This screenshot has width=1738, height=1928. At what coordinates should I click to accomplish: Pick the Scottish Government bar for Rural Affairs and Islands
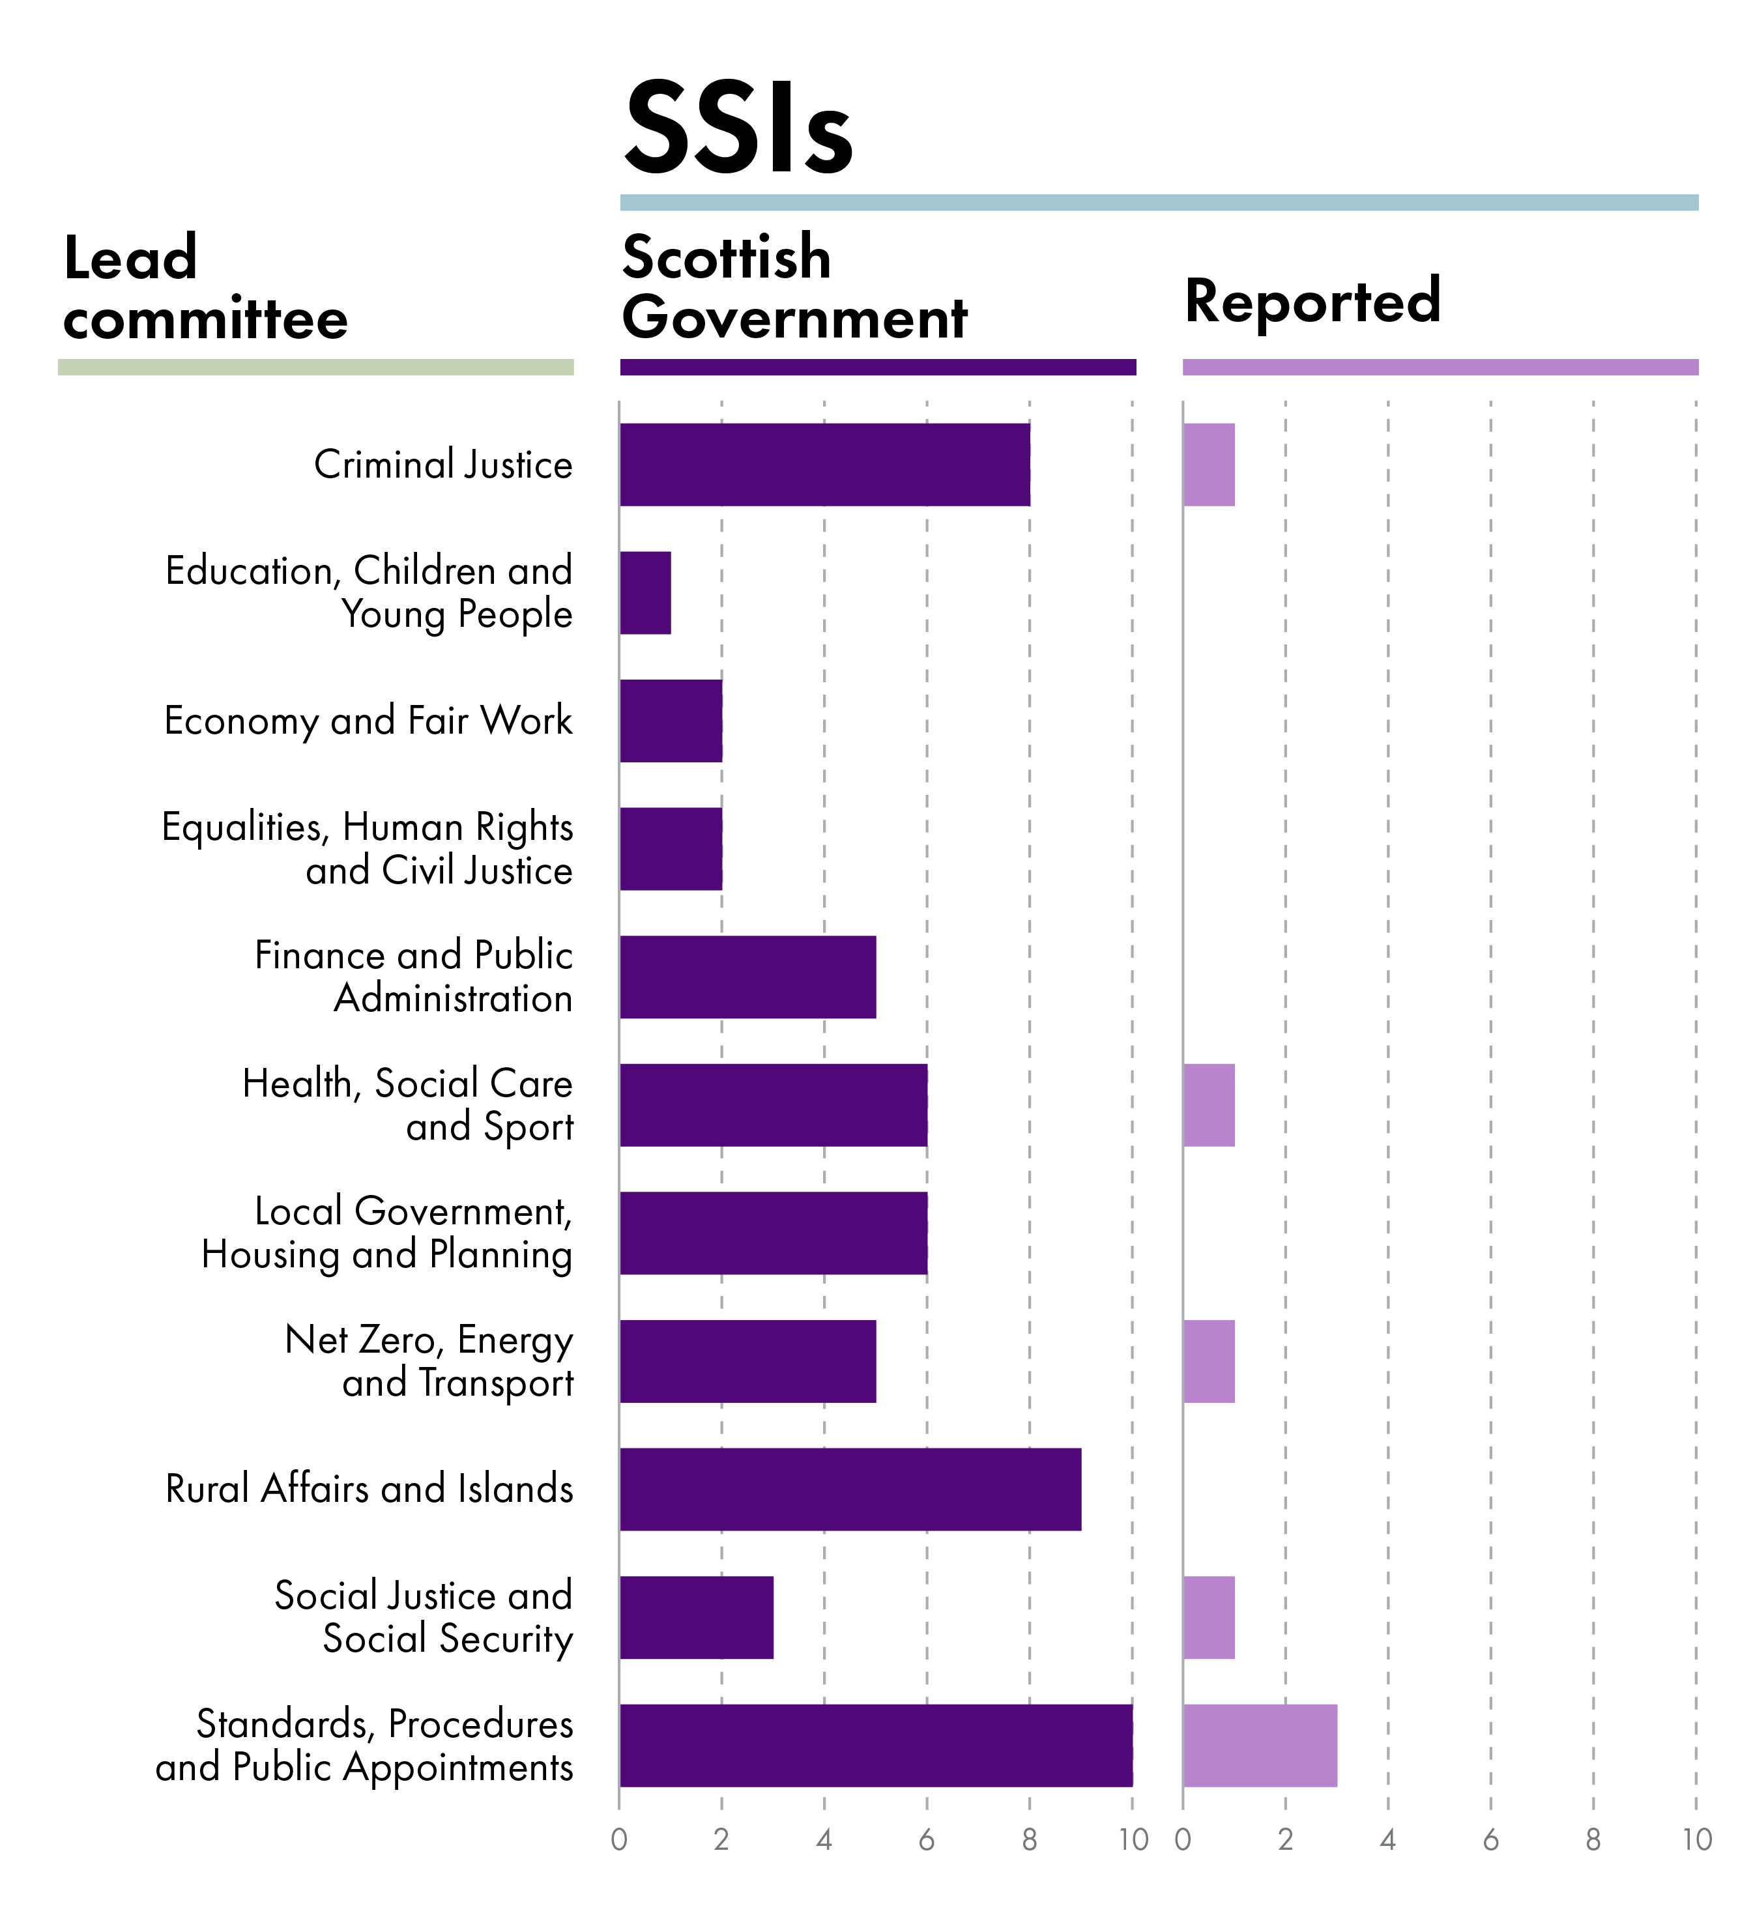850,1489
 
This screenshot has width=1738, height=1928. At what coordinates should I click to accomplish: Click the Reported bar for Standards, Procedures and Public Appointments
1260,1745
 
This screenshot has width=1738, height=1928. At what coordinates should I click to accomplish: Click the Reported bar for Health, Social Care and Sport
1208,1105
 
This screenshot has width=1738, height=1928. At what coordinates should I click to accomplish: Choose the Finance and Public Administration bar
747,977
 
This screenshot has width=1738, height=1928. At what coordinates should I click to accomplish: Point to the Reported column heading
1312,301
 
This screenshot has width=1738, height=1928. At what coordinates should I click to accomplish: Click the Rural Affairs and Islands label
369,1489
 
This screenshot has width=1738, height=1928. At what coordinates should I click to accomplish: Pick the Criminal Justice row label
443,465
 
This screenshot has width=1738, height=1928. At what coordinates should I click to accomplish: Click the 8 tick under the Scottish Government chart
1030,1840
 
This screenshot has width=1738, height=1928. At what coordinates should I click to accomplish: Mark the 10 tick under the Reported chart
1696,1840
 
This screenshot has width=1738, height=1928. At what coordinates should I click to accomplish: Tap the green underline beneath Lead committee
315,367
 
